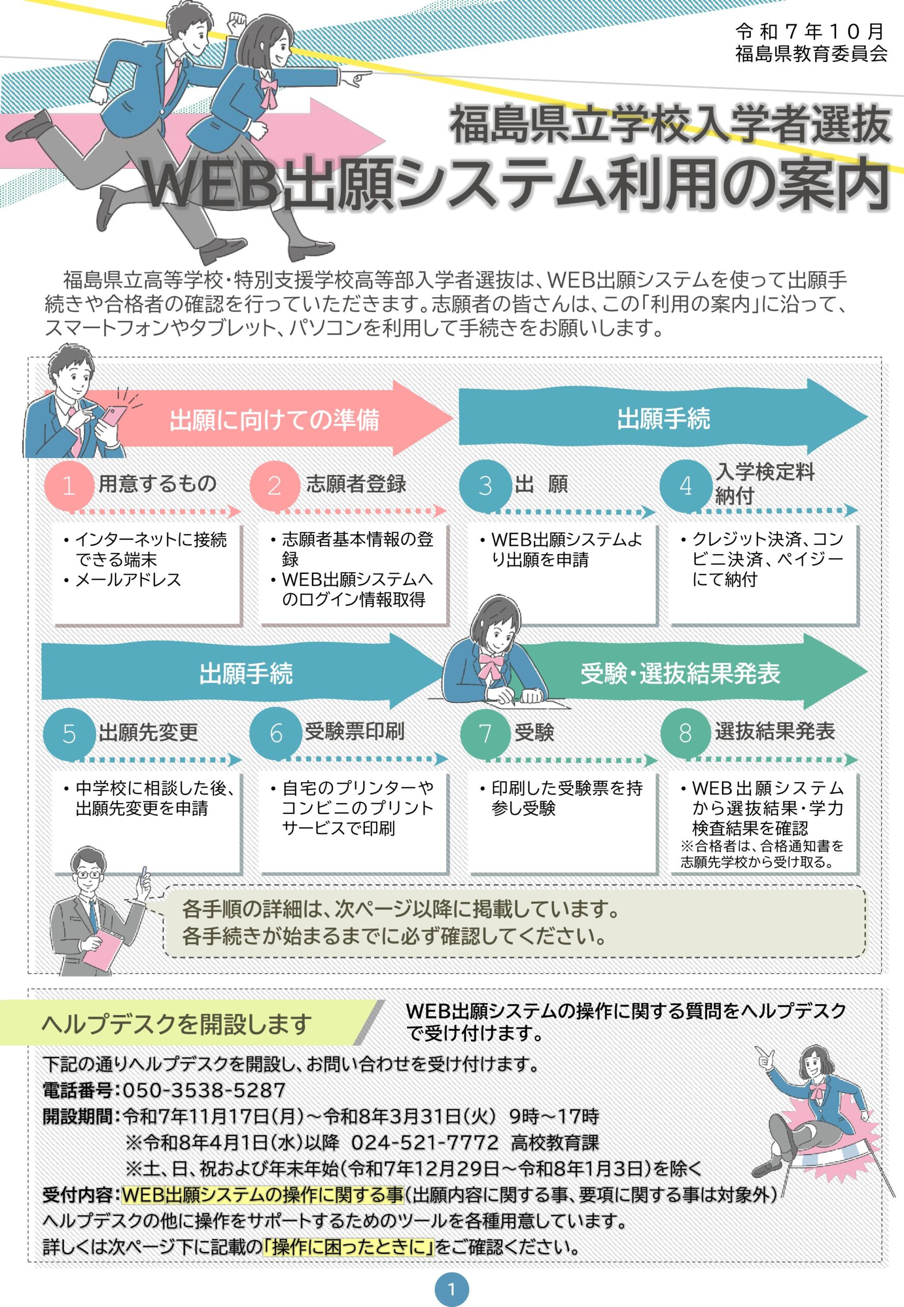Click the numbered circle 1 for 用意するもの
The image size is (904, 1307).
coord(68,486)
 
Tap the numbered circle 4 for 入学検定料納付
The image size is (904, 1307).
coord(685,486)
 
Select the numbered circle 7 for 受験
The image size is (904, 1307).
coord(485,733)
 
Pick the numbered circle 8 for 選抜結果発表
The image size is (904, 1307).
coord(685,733)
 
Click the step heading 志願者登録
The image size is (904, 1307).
coord(356,484)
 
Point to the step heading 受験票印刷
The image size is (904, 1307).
coord(355,731)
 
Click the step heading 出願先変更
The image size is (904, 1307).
coord(148,732)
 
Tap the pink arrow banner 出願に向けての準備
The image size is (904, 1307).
coord(274,420)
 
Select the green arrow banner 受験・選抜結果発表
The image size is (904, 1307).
coord(680,673)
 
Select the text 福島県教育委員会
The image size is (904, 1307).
coord(811,53)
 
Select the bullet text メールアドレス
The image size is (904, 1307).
coord(128,580)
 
